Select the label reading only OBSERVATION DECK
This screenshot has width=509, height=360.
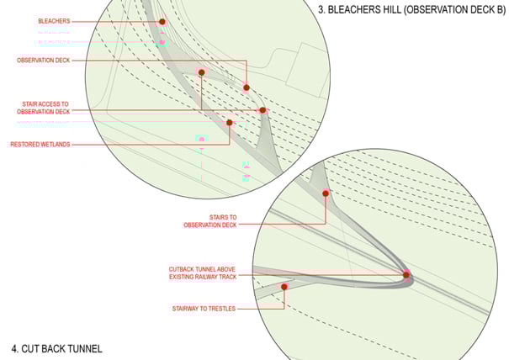(x=44, y=61)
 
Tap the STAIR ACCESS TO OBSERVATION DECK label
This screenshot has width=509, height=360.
(x=45, y=108)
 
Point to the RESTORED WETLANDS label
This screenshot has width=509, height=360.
(x=40, y=145)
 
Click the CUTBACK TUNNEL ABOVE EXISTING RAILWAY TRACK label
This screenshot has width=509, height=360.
(x=202, y=273)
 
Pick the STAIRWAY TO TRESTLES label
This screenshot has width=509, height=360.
(x=201, y=309)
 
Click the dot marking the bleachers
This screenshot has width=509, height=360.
(x=162, y=22)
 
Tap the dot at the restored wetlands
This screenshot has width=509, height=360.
(x=230, y=123)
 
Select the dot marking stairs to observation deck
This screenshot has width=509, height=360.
(x=326, y=193)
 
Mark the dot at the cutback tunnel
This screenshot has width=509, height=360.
(x=406, y=274)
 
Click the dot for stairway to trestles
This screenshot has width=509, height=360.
(x=284, y=287)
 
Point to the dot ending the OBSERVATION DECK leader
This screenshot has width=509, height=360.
(x=247, y=87)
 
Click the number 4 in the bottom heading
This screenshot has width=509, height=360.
(x=14, y=347)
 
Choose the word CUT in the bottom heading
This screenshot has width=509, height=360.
(x=31, y=347)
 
